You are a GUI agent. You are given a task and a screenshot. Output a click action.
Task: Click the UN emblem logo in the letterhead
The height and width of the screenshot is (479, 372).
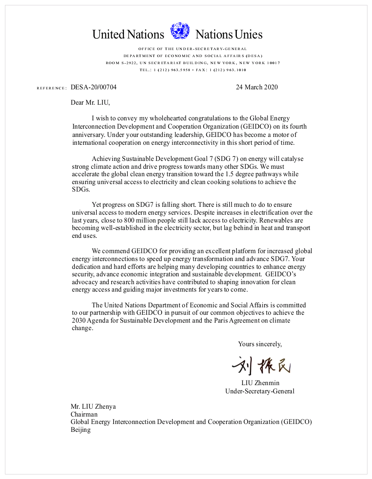tap(180, 31)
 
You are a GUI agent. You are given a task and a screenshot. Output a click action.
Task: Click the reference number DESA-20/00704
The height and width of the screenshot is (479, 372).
tap(93, 87)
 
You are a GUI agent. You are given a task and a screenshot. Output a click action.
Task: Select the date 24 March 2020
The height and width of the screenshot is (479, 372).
tap(257, 87)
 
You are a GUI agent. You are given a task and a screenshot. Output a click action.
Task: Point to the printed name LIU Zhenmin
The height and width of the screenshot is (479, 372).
tap(260, 383)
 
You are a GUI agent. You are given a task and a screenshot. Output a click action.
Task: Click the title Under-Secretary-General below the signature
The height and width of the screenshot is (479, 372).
tap(260, 391)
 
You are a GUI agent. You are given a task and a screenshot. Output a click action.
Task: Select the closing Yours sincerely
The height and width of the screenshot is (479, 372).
tap(260, 344)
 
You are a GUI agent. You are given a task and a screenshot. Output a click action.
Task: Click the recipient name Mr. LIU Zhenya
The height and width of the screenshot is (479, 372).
tap(93, 406)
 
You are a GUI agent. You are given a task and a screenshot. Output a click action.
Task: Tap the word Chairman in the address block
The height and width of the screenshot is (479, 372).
tap(84, 414)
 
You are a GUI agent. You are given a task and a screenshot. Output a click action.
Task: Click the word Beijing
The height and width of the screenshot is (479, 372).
tap(81, 430)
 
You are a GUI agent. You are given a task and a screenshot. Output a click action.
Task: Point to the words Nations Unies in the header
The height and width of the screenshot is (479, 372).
tap(229, 34)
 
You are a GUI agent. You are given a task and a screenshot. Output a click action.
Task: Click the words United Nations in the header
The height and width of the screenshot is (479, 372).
tap(128, 34)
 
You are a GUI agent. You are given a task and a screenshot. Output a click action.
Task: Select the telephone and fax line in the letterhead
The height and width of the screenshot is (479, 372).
tap(193, 70)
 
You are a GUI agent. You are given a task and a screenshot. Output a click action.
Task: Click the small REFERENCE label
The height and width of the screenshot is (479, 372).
tap(52, 88)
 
